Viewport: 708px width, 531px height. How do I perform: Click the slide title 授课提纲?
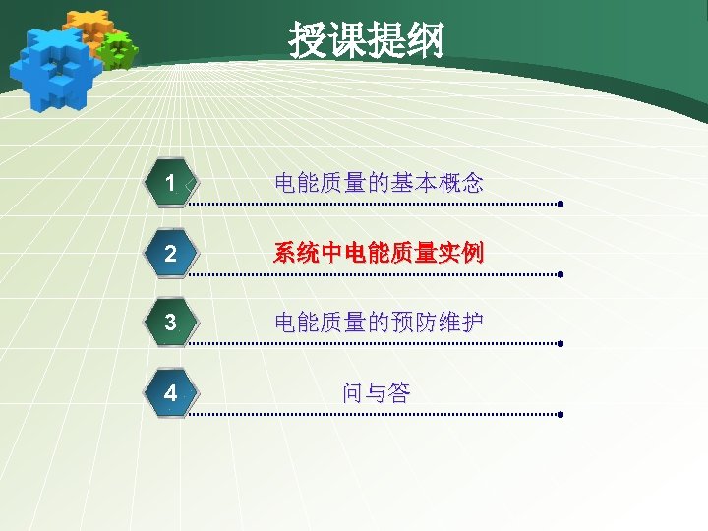click(x=366, y=41)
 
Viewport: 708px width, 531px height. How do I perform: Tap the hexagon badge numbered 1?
click(x=171, y=183)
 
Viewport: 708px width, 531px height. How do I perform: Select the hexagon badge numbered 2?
click(x=171, y=254)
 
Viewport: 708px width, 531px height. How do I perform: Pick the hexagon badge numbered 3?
click(x=171, y=323)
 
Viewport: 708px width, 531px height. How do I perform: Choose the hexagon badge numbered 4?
click(x=171, y=393)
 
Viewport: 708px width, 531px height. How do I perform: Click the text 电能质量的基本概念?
click(x=379, y=182)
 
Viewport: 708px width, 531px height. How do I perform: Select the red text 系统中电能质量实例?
click(x=379, y=254)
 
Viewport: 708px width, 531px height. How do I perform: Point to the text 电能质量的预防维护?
click(x=379, y=323)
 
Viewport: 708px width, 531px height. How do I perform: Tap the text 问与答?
click(x=377, y=393)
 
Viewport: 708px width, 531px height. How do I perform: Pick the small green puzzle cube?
click(x=118, y=49)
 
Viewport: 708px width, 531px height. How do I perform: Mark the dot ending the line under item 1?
click(x=560, y=205)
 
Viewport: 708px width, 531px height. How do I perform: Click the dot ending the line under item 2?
click(x=560, y=275)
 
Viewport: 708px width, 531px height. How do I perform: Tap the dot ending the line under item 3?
click(x=560, y=345)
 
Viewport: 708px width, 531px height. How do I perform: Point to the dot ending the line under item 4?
click(x=560, y=415)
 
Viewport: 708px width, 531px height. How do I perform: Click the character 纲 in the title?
click(x=426, y=41)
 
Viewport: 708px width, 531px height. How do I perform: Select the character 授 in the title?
click(x=308, y=41)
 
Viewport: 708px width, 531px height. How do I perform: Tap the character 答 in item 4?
click(x=399, y=393)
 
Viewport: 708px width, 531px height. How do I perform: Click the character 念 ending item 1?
click(x=472, y=182)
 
